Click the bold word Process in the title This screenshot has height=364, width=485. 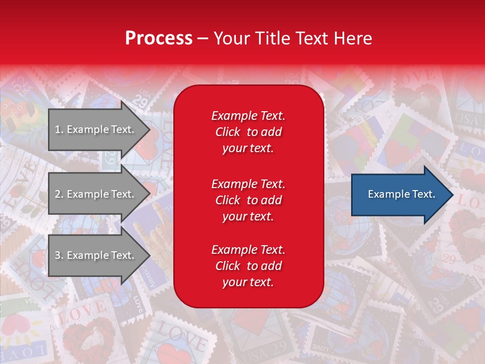tap(159, 38)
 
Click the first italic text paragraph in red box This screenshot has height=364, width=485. tap(248, 132)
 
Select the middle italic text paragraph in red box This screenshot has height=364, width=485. tap(248, 200)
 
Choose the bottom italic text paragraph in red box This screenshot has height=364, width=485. tap(248, 266)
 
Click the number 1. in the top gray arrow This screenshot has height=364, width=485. tap(59, 130)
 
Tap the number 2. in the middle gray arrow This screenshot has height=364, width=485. tap(59, 194)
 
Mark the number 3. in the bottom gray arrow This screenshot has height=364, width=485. tap(59, 256)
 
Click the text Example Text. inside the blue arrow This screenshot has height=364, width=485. tap(401, 194)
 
